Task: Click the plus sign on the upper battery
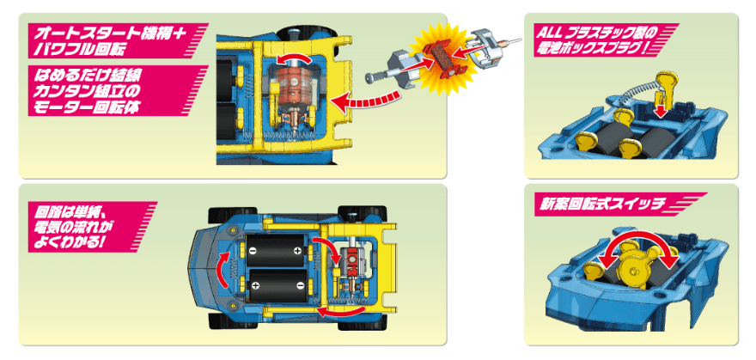pos(297,251)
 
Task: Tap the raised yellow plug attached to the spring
pos(664,87)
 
